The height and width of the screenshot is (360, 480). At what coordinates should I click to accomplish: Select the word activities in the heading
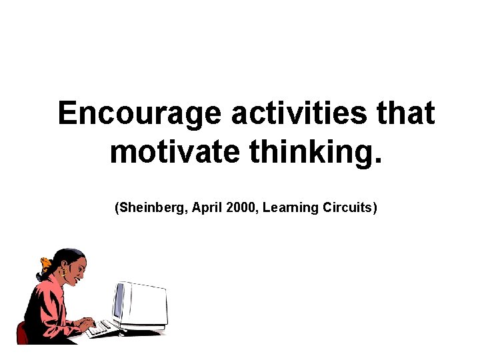(x=299, y=114)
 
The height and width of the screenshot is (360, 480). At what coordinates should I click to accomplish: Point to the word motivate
(x=175, y=152)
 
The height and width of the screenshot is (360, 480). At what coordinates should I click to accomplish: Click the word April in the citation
(x=207, y=208)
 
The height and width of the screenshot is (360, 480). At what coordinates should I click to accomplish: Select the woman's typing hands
(x=85, y=323)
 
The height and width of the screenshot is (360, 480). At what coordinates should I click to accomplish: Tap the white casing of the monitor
(x=147, y=303)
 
